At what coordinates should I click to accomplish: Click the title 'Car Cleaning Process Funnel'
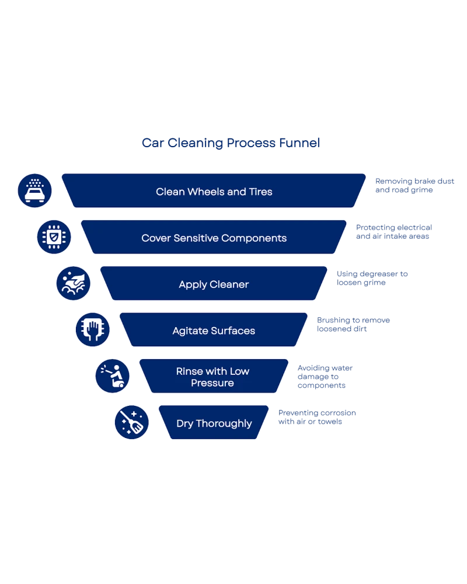coord(231,143)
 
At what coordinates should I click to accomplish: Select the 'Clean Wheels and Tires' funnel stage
coord(214,191)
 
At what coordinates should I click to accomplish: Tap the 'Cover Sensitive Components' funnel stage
coord(214,238)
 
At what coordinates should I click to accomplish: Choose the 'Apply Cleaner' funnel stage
coord(214,284)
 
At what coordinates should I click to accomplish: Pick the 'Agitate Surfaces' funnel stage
coord(214,331)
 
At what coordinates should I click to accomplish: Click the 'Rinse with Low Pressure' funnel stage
coord(214,377)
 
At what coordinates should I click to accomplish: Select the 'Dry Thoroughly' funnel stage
coord(214,423)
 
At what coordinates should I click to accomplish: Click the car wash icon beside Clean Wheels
coord(35,190)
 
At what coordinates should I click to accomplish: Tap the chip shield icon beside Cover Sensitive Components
coord(54,237)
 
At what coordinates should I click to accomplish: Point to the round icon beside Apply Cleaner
coord(74,283)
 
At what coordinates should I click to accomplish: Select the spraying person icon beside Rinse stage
coord(112,376)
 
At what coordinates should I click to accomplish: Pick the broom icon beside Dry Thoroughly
coord(131,422)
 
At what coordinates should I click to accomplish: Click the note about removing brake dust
coord(414,186)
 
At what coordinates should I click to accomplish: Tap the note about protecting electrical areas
coord(393,232)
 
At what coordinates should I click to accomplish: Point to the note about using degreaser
coord(374,279)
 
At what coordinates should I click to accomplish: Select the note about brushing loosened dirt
coord(354,325)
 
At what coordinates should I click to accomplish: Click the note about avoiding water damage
coord(325,377)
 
